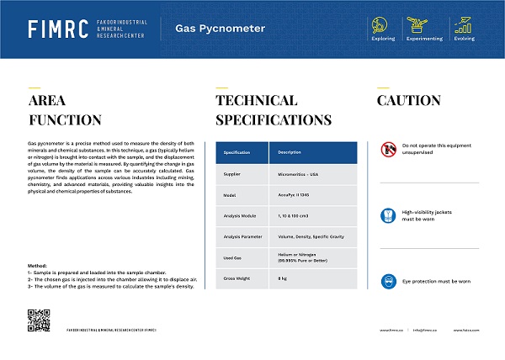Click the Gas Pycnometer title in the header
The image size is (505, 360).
click(x=220, y=29)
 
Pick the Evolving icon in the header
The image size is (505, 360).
click(x=462, y=24)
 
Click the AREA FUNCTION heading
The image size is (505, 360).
click(x=64, y=110)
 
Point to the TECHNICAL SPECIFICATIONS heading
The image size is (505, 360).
click(x=267, y=110)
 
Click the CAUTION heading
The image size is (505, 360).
click(x=408, y=101)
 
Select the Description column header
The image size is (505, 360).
click(x=290, y=152)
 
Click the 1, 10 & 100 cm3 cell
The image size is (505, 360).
click(x=295, y=216)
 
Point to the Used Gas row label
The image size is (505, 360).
click(x=233, y=258)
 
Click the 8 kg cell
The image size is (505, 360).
click(x=283, y=278)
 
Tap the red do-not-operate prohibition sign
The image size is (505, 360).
click(x=388, y=150)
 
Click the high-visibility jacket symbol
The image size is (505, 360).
click(x=388, y=215)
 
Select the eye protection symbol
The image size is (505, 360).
click(x=388, y=281)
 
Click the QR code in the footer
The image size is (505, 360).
click(x=39, y=321)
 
